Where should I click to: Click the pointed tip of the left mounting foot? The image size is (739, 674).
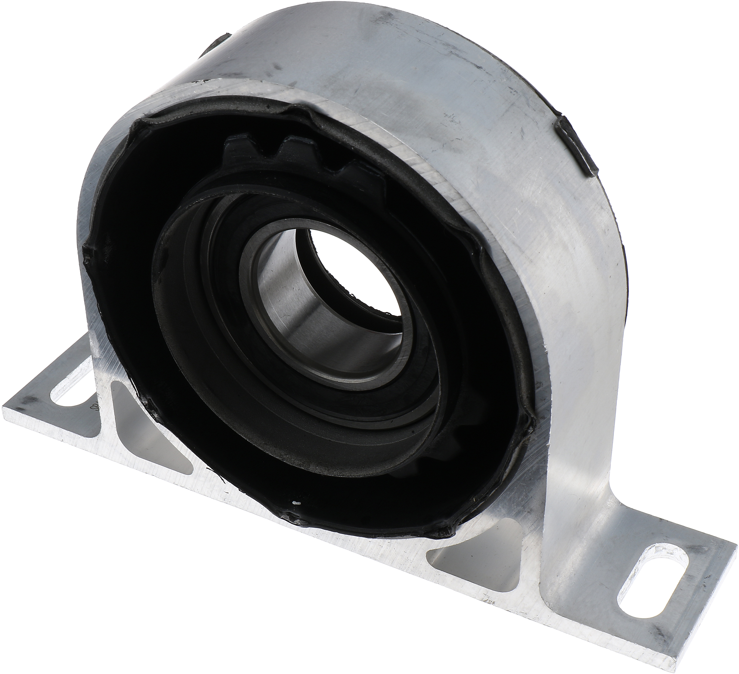[x=6, y=407]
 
